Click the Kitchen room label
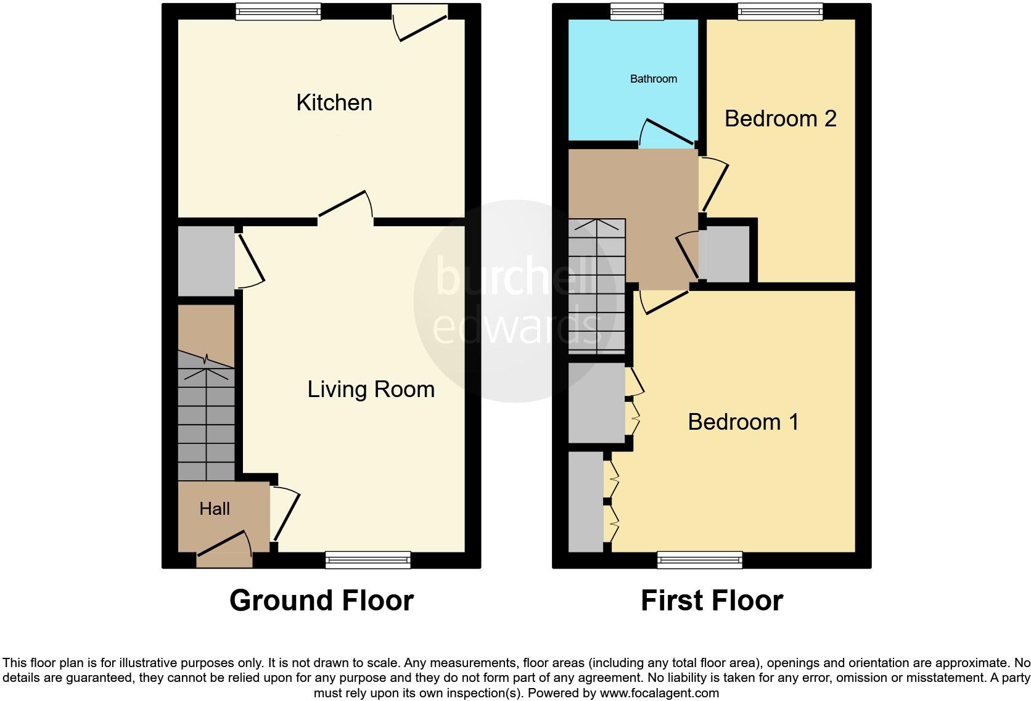[x=334, y=102]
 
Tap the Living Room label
[x=371, y=389]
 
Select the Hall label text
[x=215, y=509]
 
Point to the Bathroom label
[x=653, y=79]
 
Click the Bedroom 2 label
[x=780, y=118]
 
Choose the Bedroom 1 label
[x=743, y=422]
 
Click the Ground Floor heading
[x=321, y=601]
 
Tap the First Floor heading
[x=712, y=601]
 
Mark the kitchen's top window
[x=278, y=11]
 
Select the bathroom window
[x=637, y=11]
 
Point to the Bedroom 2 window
[x=780, y=11]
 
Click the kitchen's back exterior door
[x=421, y=25]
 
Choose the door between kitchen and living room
[x=345, y=207]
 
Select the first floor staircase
[x=596, y=287]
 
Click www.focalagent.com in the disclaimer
[x=659, y=693]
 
